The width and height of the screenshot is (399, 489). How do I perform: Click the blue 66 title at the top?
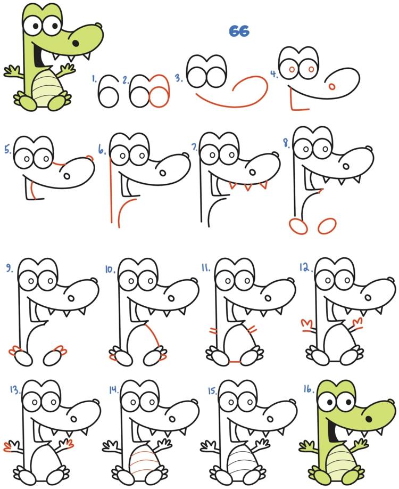[x=239, y=31]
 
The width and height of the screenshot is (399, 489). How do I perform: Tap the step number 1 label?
[x=94, y=79]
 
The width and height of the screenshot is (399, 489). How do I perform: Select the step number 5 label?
[x=8, y=150]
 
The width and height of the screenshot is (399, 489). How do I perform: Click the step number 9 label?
[x=10, y=268]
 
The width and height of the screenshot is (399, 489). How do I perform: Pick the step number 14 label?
[x=113, y=389]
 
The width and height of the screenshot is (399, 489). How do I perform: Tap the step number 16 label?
[x=308, y=388]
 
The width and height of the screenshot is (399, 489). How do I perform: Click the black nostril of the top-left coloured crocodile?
[x=76, y=43]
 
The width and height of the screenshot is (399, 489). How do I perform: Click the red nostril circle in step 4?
[x=332, y=86]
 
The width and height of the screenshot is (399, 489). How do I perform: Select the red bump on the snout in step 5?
[x=90, y=158]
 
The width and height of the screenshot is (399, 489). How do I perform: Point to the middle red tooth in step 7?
[x=248, y=187]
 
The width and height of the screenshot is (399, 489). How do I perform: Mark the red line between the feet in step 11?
[x=235, y=362]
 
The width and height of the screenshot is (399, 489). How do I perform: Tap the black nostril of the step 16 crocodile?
[x=369, y=419]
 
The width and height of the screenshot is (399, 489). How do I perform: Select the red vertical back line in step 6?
[x=111, y=190]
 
